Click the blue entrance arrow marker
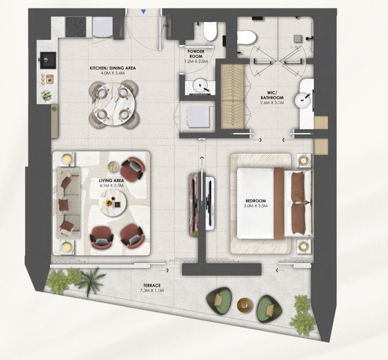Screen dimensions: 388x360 (x=144, y=11)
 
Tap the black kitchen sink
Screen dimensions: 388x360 (x=48, y=60)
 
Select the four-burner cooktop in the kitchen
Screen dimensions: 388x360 (x=76, y=27)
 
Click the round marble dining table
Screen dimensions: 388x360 (x=113, y=104)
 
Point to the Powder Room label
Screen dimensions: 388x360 (x=196, y=54)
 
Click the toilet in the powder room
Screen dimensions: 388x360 (x=210, y=31)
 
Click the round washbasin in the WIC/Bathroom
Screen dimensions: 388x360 (x=302, y=100)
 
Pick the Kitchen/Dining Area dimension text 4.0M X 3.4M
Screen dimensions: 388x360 (x=113, y=73)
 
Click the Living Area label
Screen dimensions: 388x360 (x=111, y=181)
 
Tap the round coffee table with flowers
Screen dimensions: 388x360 (x=112, y=202)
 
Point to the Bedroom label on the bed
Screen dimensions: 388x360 (x=256, y=201)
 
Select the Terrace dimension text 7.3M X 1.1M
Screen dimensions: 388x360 (x=152, y=290)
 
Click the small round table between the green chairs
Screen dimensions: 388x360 (x=244, y=305)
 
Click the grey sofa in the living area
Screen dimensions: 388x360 (x=68, y=203)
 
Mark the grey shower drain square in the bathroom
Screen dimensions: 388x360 (x=297, y=39)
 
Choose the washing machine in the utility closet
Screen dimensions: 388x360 (x=198, y=117)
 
